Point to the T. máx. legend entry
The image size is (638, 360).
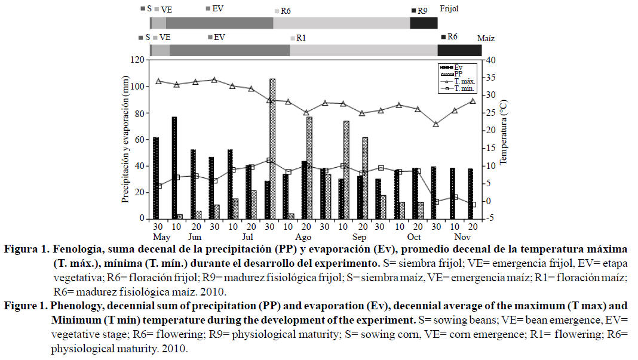(461, 81)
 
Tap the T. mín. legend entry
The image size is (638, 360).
(461, 88)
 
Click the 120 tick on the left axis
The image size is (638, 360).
(139, 60)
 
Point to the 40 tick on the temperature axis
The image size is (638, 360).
(490, 60)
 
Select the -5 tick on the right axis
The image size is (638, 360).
(490, 219)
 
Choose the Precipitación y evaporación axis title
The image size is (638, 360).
(125, 139)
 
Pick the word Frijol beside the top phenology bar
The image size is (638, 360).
(449, 10)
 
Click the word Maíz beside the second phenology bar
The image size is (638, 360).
(486, 38)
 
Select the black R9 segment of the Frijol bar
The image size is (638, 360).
(424, 23)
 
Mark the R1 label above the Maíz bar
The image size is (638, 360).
(301, 38)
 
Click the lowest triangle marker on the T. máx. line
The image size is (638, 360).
(436, 124)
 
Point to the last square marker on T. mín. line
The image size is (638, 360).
(473, 204)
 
